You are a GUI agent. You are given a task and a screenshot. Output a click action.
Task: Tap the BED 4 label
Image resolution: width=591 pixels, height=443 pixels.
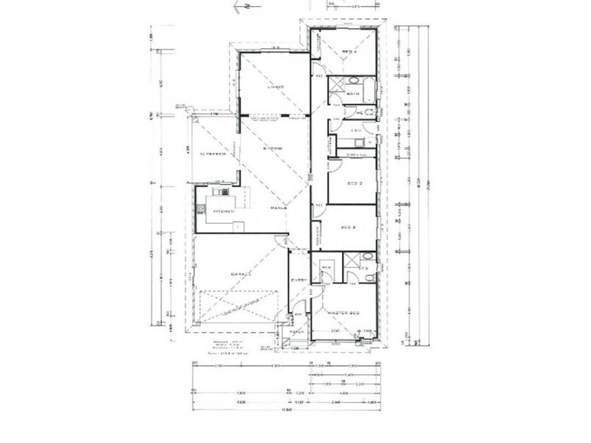tap(349, 52)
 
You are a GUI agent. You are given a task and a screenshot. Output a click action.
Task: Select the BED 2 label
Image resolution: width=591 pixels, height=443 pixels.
tap(349, 229)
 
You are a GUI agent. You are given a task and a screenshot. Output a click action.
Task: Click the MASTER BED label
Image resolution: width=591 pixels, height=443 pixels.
tap(344, 313)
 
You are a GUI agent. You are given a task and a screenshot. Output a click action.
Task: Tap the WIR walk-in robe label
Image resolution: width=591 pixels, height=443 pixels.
tap(326, 267)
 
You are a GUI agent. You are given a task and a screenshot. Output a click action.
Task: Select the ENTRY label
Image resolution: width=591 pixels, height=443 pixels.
tap(299, 280)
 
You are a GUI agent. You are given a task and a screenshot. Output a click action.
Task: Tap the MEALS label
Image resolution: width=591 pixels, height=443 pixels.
tap(278, 210)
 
